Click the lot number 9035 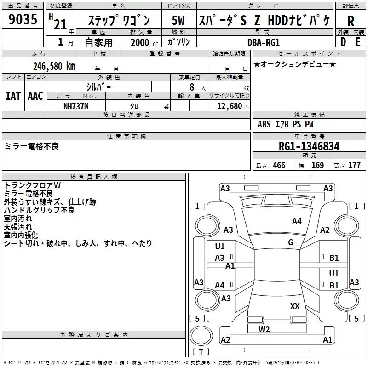[23, 21]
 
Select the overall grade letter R [351, 21]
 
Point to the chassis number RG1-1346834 [309, 146]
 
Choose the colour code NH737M [77, 105]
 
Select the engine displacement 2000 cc [140, 43]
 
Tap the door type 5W [178, 21]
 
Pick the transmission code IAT [13, 96]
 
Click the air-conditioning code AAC [35, 96]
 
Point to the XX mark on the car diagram [295, 306]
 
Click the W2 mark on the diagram [264, 329]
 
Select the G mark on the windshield [291, 242]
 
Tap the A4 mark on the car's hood [297, 221]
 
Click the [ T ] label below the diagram [201, 352]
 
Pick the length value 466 [279, 166]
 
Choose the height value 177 [354, 166]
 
